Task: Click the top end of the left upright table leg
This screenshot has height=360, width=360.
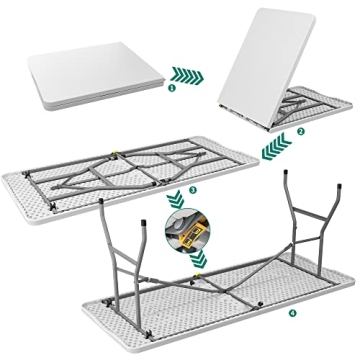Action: pyautogui.click(x=107, y=205)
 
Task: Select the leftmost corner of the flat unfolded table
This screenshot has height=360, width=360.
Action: pyautogui.click(x=10, y=190)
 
